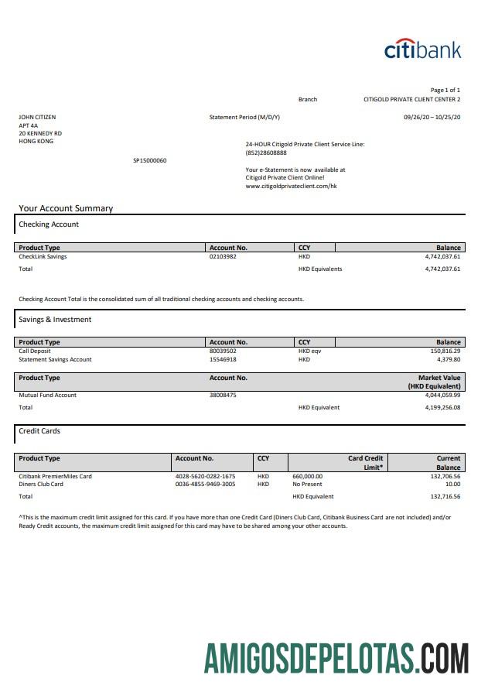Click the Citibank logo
point(422,50)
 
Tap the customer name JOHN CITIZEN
point(37,117)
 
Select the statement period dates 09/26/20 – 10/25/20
point(432,117)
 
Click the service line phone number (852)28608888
point(265,152)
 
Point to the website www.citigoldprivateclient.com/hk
point(291,186)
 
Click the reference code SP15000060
point(150,160)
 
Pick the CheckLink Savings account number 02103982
point(223,256)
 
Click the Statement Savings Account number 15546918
point(223,359)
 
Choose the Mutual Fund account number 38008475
point(223,396)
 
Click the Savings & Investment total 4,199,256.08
point(442,407)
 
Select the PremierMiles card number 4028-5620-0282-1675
point(206,476)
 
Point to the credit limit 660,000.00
point(308,476)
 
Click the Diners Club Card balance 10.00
point(452,485)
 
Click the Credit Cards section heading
point(39,431)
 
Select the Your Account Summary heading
point(66,208)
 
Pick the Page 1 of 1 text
point(445,90)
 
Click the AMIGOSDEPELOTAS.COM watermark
point(336,659)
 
